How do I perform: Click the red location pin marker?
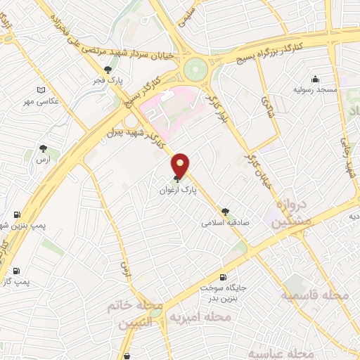pos(181,165)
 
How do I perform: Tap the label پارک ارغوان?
pos(179,190)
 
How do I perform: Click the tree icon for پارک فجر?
pos(108,70)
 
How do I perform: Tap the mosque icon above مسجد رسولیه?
pos(316,79)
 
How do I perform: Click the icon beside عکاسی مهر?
pos(41,91)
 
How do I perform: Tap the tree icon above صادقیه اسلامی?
pos(225,210)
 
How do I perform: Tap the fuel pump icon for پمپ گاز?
pos(16,270)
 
